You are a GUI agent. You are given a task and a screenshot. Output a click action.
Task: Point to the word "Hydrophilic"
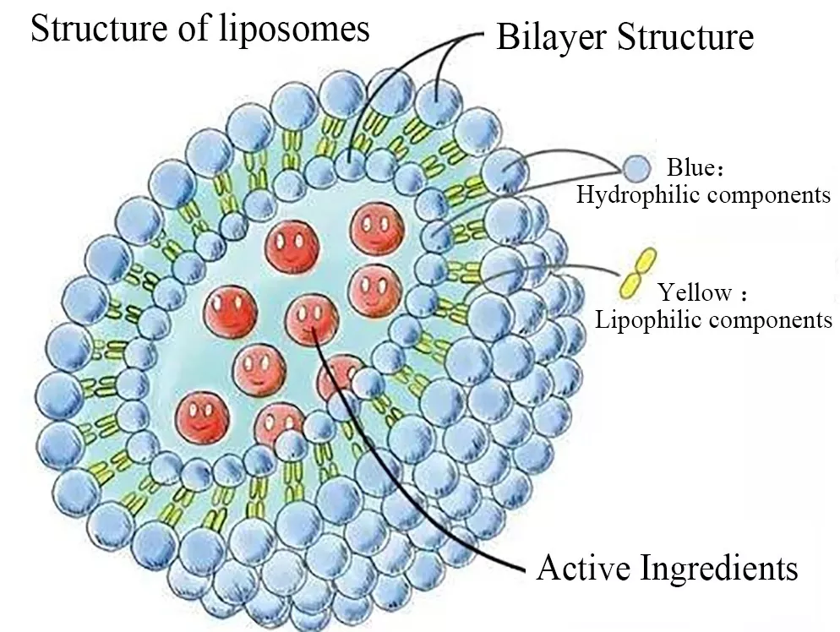639,195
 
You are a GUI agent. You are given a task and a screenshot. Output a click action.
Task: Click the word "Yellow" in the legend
695,293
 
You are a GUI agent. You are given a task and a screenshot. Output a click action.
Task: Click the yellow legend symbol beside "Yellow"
637,273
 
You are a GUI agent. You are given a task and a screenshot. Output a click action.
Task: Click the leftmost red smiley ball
229,309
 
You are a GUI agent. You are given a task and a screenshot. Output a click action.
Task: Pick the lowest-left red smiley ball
202,414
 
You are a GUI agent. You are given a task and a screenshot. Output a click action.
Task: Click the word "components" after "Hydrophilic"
769,195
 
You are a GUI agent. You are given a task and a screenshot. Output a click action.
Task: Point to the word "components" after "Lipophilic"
770,319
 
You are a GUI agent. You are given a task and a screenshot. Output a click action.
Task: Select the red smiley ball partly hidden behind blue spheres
338,378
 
